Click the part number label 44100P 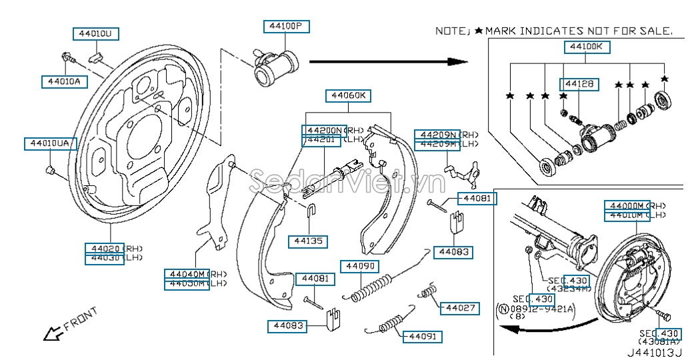[286, 27]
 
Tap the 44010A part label [64, 81]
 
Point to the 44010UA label [51, 143]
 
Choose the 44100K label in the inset [587, 47]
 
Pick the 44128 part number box [579, 85]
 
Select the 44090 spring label [361, 267]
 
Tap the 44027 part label [460, 308]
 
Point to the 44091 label [421, 337]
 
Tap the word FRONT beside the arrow [81, 318]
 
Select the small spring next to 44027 [429, 293]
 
